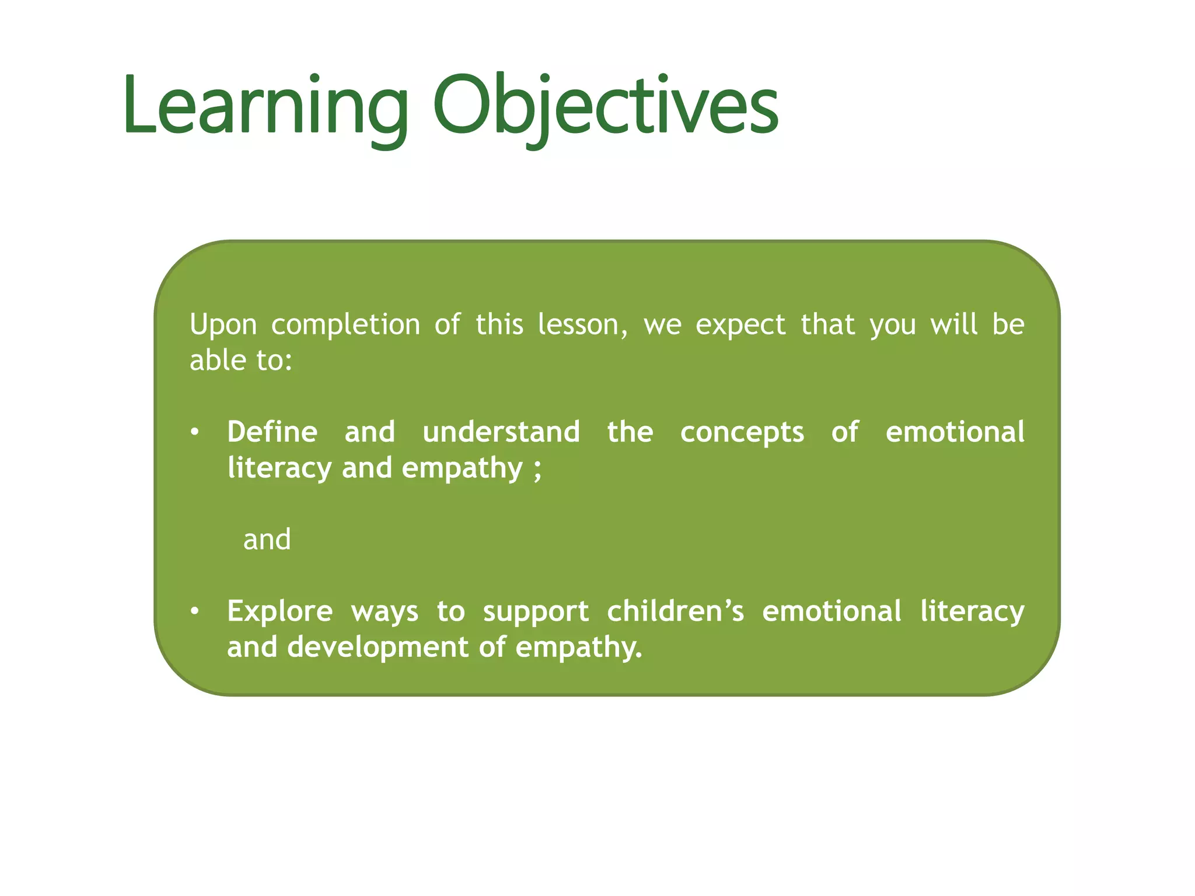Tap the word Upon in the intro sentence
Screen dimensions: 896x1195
(x=223, y=325)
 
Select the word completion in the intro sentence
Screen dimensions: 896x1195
(x=345, y=325)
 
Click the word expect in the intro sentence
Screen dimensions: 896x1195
(x=740, y=325)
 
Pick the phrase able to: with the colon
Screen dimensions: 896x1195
(x=240, y=360)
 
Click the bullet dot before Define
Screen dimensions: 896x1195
(x=195, y=433)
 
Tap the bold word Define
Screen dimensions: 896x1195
(x=272, y=432)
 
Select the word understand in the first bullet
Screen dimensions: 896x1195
(x=501, y=432)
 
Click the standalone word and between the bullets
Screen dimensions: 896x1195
(x=267, y=540)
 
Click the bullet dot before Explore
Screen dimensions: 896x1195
(x=195, y=612)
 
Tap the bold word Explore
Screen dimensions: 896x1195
(x=279, y=612)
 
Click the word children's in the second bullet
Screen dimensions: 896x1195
(x=675, y=611)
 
